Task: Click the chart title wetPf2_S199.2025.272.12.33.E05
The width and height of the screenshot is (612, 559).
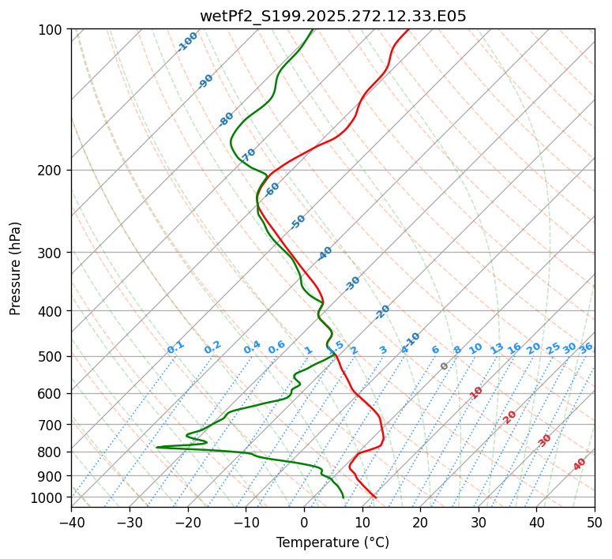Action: click(x=332, y=16)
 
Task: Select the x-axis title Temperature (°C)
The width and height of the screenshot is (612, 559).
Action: click(x=332, y=542)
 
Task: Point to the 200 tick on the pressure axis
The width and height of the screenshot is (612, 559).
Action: click(x=53, y=170)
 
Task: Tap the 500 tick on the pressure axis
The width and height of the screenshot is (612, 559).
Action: click(x=53, y=356)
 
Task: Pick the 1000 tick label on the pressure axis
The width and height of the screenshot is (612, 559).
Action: click(x=50, y=497)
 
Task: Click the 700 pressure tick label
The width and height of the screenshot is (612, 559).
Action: click(x=53, y=425)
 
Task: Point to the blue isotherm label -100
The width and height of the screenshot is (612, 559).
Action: click(x=188, y=41)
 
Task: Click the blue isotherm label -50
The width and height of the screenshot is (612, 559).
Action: click(x=298, y=222)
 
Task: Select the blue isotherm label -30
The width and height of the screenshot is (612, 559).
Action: click(x=352, y=283)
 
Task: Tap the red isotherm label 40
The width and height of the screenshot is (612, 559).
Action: click(x=580, y=464)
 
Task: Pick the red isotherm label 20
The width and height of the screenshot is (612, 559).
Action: click(x=510, y=416)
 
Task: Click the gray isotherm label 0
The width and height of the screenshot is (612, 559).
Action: click(x=445, y=366)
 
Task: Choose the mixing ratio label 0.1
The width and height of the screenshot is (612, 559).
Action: click(x=175, y=347)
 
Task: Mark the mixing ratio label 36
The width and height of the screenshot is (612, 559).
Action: click(x=586, y=347)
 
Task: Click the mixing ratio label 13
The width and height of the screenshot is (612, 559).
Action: click(x=497, y=348)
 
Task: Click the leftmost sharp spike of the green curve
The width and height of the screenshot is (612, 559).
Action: click(x=157, y=447)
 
